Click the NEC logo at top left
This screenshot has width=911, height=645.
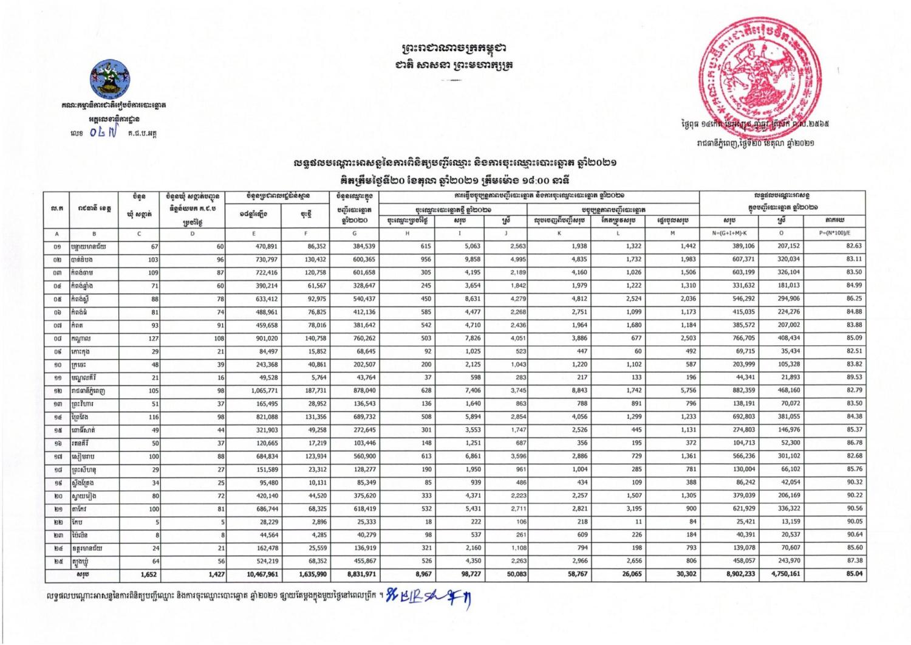pyautogui.click(x=111, y=79)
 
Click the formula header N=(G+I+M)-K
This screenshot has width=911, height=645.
pyautogui.click(x=729, y=233)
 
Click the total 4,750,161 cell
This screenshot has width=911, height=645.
pyautogui.click(x=785, y=574)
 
